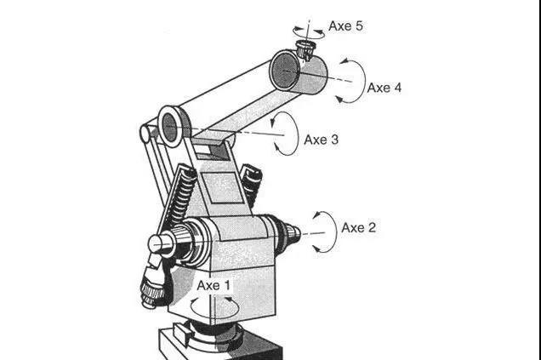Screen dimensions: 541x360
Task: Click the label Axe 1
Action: (213, 285)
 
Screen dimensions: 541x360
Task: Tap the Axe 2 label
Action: (358, 227)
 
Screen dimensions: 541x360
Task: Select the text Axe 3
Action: (322, 140)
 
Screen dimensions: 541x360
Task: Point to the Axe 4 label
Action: (384, 88)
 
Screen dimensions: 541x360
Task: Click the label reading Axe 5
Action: (345, 26)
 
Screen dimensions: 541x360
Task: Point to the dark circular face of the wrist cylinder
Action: (284, 71)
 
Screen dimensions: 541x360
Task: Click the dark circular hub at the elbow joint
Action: (169, 128)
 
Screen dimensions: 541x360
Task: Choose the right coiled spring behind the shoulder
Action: (252, 184)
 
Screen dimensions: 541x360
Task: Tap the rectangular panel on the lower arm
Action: (223, 187)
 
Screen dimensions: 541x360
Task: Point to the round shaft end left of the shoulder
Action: (160, 244)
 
